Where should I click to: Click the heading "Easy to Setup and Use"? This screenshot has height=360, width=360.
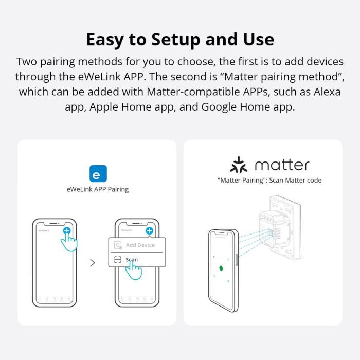(x=180, y=39)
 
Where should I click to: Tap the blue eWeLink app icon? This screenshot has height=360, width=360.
(x=98, y=174)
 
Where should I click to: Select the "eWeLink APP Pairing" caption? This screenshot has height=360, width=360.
(x=98, y=189)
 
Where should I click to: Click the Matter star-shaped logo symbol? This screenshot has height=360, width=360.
(x=238, y=165)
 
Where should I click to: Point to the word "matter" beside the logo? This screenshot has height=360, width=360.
(x=282, y=165)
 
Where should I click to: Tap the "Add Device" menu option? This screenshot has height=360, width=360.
(x=140, y=245)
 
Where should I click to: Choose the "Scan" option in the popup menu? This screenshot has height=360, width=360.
(x=132, y=260)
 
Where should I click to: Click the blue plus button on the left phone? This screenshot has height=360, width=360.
(x=67, y=231)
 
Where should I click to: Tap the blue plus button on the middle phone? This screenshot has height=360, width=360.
(x=149, y=231)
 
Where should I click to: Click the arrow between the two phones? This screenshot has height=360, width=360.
(x=93, y=263)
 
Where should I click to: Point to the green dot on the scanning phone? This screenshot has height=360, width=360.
(x=221, y=268)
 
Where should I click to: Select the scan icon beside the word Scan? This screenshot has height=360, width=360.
(x=118, y=260)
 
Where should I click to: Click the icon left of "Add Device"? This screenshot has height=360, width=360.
(x=118, y=245)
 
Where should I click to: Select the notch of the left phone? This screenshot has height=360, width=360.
(x=54, y=223)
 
